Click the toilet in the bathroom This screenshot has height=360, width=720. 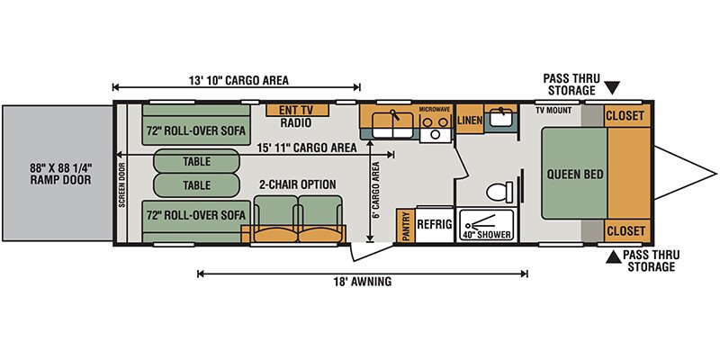[x=499, y=192]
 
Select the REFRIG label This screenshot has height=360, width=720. [x=435, y=224]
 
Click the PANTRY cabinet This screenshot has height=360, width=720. [x=406, y=226]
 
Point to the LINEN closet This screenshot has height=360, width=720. [x=469, y=120]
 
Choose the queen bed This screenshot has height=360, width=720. [x=574, y=174]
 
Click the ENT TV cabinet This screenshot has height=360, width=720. [x=298, y=110]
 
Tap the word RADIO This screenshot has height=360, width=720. [x=296, y=122]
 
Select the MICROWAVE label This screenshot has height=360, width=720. [x=435, y=110]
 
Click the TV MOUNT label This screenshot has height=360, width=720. [x=553, y=110]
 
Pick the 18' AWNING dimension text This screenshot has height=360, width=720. [x=363, y=282]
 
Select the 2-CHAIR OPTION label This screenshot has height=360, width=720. [x=298, y=184]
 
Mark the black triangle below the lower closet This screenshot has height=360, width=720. [x=614, y=257]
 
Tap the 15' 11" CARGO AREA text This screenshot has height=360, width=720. [x=307, y=148]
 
